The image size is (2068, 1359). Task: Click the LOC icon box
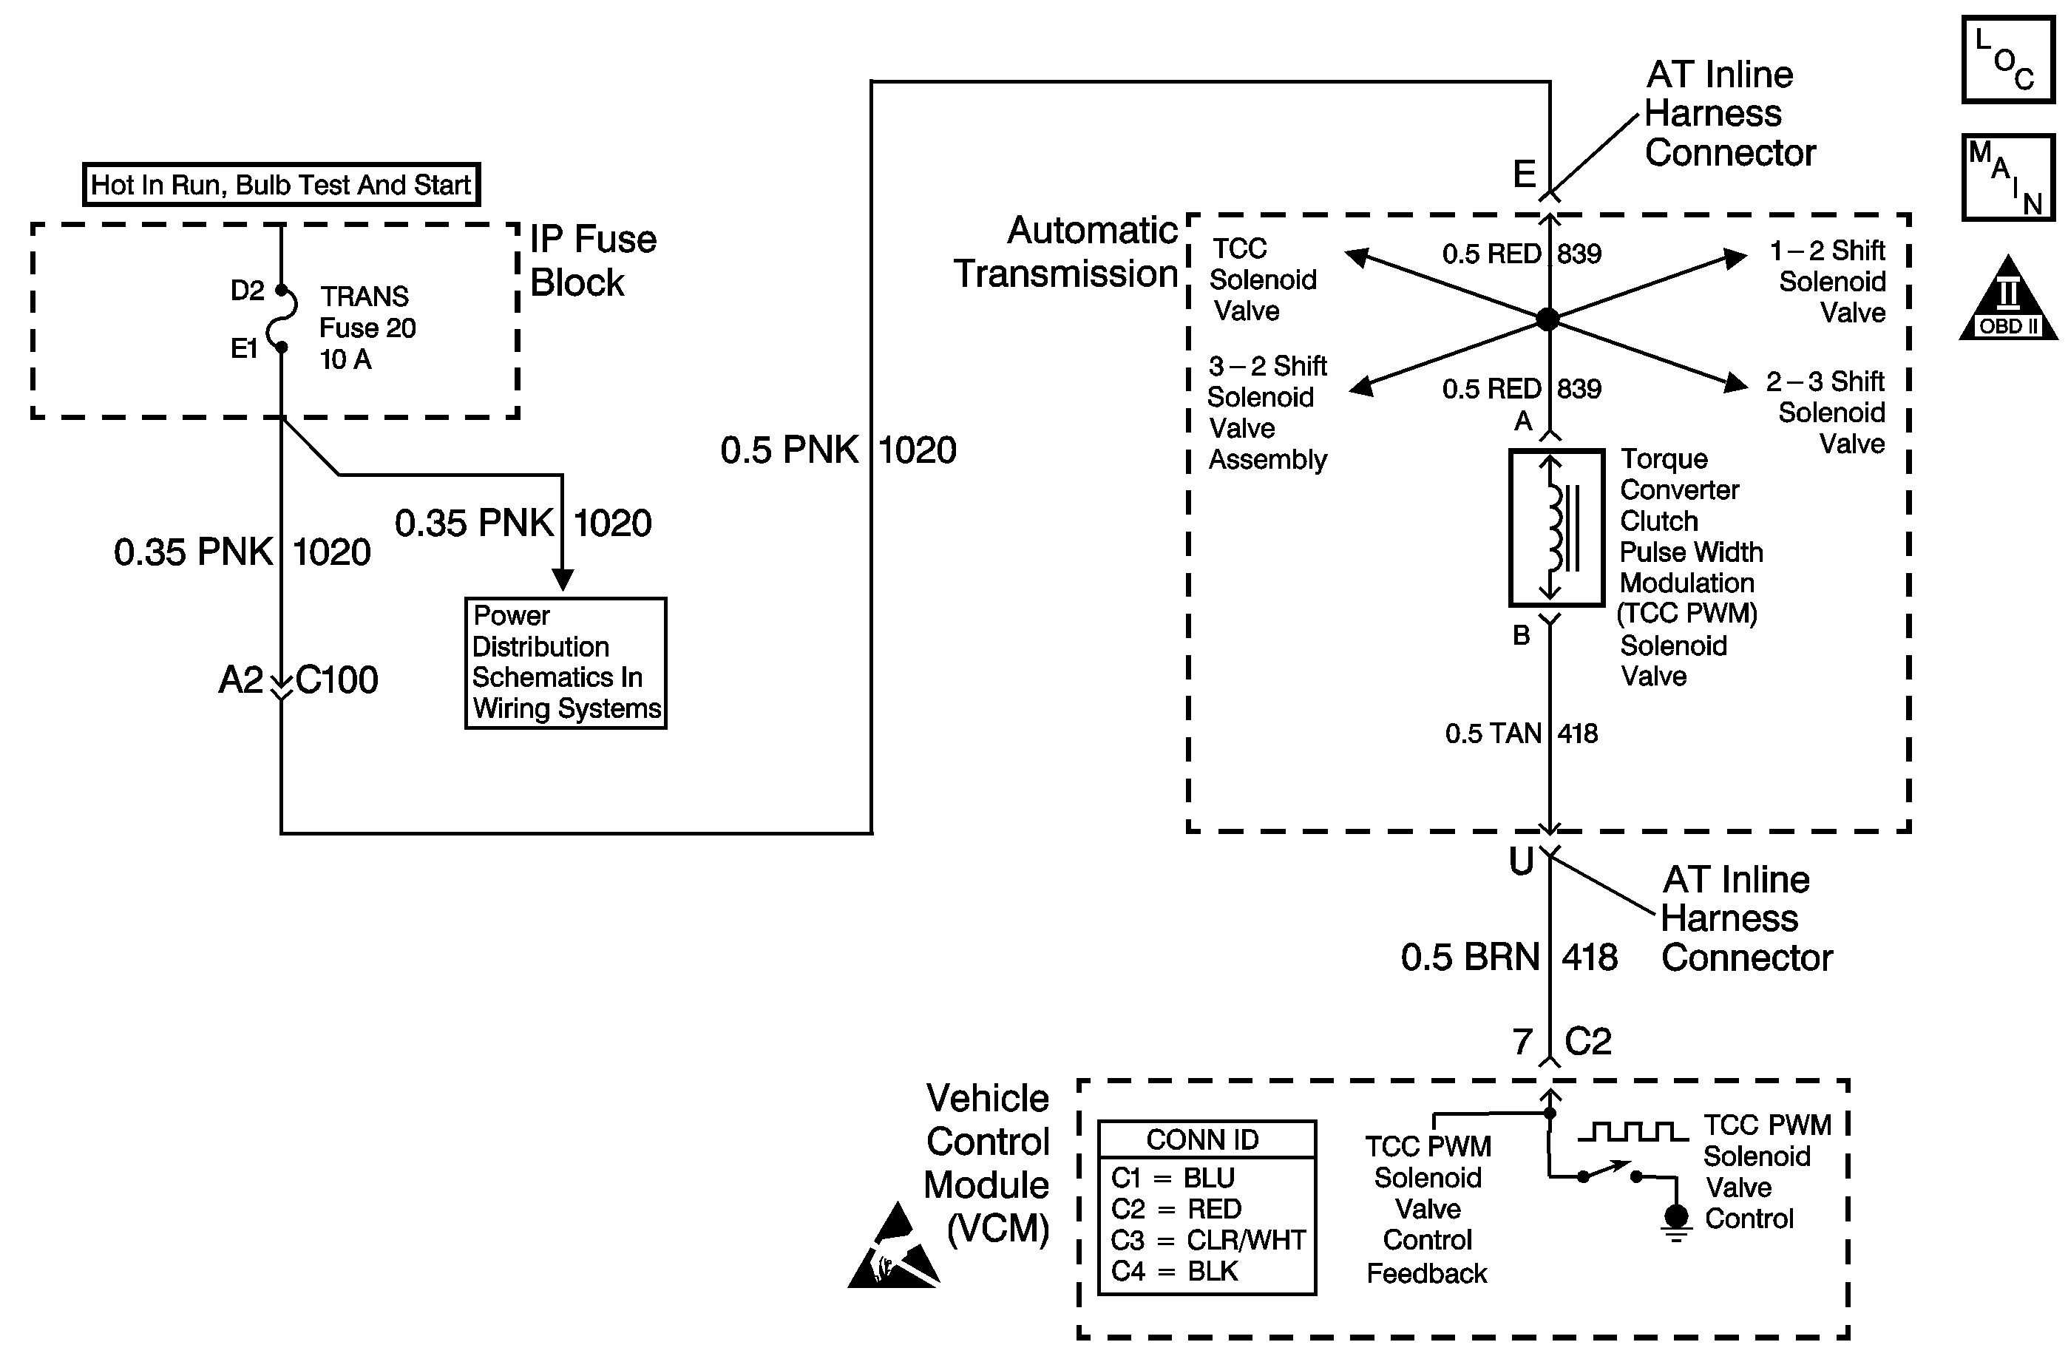(2007, 60)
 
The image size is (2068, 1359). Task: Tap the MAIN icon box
(2007, 177)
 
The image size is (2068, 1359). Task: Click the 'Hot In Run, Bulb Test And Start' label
(281, 185)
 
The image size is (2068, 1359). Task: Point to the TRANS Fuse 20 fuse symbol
(282, 319)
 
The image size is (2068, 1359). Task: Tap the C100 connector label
(337, 680)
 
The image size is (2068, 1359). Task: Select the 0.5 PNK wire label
(789, 450)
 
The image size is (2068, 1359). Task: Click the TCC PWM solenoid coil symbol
(1556, 527)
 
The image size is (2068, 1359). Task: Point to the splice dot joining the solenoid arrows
(1547, 319)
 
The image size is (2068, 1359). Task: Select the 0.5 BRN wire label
(1470, 958)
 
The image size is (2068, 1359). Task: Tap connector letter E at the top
(1524, 174)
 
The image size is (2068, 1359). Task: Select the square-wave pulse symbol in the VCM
(1633, 1131)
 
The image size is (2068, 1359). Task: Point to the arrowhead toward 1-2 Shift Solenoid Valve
(1735, 258)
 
